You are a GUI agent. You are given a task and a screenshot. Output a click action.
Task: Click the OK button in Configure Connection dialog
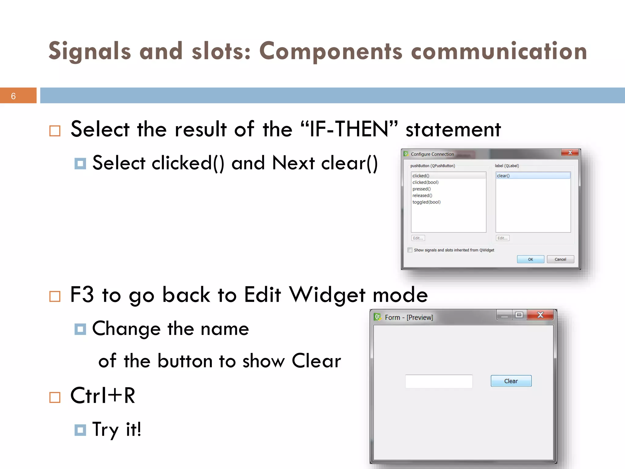tap(530, 259)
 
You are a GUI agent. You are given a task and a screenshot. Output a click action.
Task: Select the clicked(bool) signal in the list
tap(425, 182)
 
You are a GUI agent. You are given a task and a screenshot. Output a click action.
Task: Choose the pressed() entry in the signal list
tap(421, 189)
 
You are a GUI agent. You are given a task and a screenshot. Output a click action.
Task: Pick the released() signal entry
tap(422, 195)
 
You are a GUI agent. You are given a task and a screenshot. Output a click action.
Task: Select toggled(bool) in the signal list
tap(426, 202)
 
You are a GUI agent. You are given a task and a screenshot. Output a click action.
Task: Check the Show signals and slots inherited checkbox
tap(410, 250)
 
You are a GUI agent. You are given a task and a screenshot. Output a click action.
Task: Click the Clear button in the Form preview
tap(511, 381)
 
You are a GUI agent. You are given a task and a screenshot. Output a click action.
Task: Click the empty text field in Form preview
tap(439, 381)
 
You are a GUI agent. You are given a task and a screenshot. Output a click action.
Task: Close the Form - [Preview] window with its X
tap(540, 315)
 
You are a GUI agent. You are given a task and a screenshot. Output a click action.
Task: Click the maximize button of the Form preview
tap(519, 315)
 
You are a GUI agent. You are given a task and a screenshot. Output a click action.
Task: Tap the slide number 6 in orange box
tap(13, 96)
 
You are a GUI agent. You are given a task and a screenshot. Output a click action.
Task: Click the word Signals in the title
tap(90, 51)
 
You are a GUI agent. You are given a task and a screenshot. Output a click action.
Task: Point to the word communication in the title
tap(499, 51)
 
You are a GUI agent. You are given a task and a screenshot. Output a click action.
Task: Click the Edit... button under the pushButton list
tap(418, 238)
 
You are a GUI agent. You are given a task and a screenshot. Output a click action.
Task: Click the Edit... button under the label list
tap(502, 238)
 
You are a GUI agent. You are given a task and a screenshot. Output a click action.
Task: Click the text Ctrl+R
tap(103, 396)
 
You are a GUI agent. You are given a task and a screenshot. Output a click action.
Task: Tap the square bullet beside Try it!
tap(80, 430)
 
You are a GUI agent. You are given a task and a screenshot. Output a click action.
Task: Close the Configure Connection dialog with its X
tap(570, 153)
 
